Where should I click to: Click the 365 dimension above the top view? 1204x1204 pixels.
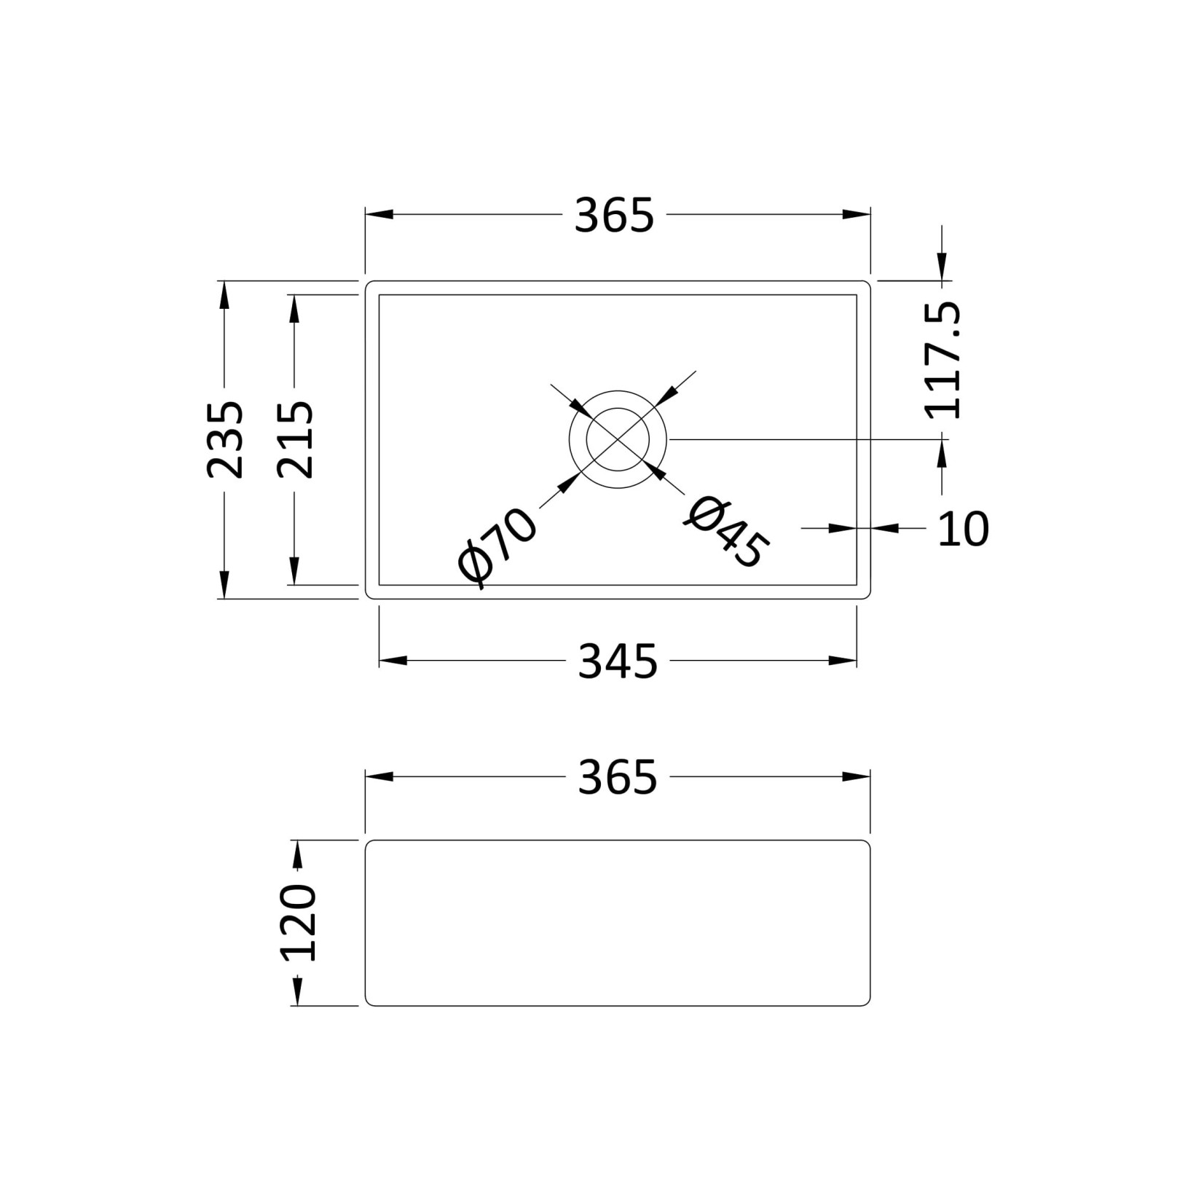click(614, 216)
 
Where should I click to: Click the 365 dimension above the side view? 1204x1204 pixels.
click(617, 777)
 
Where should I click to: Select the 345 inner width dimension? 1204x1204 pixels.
click(617, 661)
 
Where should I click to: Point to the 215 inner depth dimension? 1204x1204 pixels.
click(295, 439)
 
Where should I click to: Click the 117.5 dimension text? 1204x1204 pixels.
click(943, 361)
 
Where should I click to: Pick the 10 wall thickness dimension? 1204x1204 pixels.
click(962, 529)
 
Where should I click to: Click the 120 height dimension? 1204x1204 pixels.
click(298, 923)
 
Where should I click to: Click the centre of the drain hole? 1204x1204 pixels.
click(618, 439)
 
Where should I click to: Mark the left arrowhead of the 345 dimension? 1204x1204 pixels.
click(392, 661)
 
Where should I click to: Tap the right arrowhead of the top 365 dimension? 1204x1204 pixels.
click(857, 214)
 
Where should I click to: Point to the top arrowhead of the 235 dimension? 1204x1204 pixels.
click(224, 294)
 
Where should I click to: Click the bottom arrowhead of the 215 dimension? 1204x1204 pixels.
click(294, 571)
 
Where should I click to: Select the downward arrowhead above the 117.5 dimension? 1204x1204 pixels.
click(942, 267)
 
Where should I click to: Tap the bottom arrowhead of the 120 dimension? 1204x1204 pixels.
click(297, 993)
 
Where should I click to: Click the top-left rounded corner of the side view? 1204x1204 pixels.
click(369, 844)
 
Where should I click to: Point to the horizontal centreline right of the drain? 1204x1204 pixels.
click(801, 439)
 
